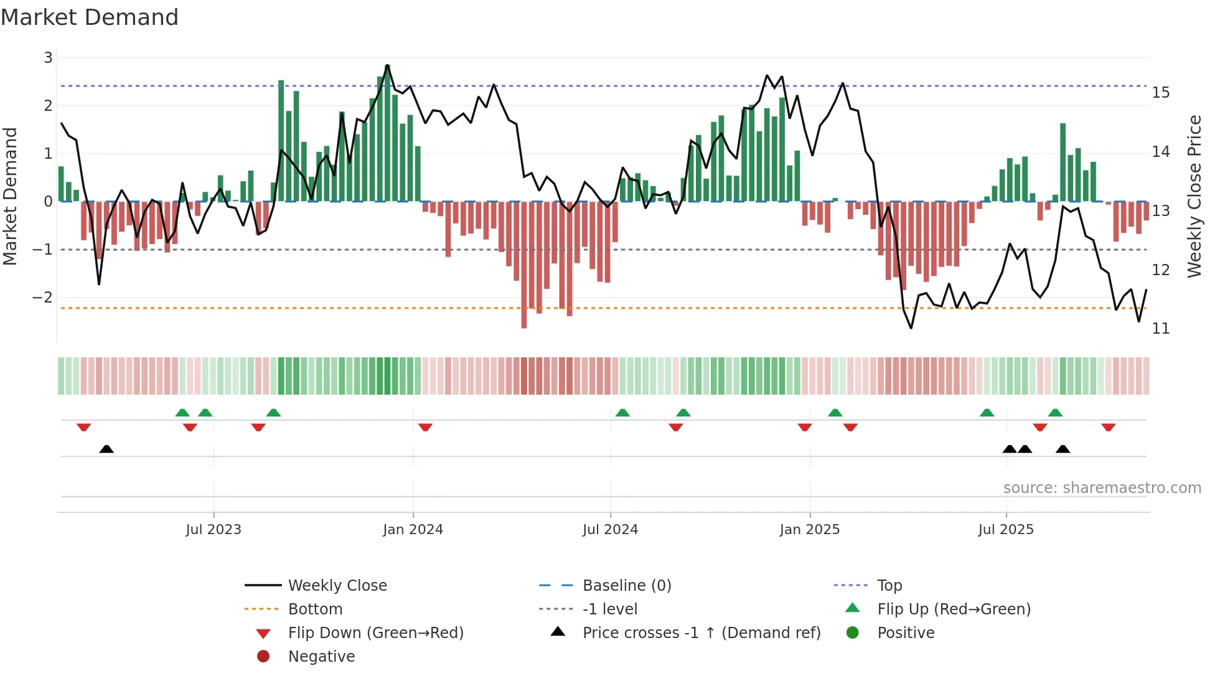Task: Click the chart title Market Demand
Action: (x=90, y=17)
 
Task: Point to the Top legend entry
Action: (x=889, y=585)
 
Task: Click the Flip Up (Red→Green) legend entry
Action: (x=954, y=609)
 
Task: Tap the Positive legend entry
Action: (x=906, y=632)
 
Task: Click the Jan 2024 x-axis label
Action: (x=413, y=530)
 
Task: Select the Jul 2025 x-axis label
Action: (x=1005, y=530)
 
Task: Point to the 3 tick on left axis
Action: (x=48, y=58)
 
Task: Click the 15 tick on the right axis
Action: (x=1160, y=93)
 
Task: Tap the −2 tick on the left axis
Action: (x=43, y=297)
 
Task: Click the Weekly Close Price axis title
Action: (x=1194, y=196)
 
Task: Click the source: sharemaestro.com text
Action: (x=1102, y=488)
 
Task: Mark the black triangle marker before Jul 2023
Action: (x=106, y=449)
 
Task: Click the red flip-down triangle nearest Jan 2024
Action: (x=425, y=427)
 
